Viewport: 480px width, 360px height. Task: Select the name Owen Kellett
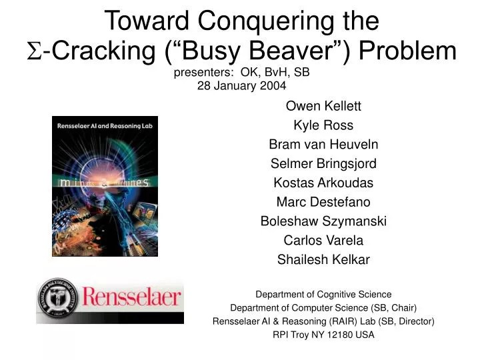(323, 105)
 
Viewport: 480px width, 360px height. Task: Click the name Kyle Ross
(323, 125)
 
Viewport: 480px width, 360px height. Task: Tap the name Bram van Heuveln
(323, 144)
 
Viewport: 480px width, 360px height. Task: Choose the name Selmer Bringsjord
(323, 163)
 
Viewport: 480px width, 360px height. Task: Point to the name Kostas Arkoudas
(323, 183)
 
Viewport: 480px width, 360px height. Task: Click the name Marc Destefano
(323, 202)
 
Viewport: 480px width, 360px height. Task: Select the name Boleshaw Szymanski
(323, 221)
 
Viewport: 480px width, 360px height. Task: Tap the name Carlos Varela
(323, 241)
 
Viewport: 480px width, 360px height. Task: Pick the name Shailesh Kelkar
(323, 260)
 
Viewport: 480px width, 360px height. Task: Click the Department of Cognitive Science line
(323, 294)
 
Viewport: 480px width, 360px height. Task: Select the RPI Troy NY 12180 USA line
(323, 335)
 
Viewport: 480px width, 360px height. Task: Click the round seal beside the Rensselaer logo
(57, 299)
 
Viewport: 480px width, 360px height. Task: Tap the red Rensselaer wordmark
(130, 297)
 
